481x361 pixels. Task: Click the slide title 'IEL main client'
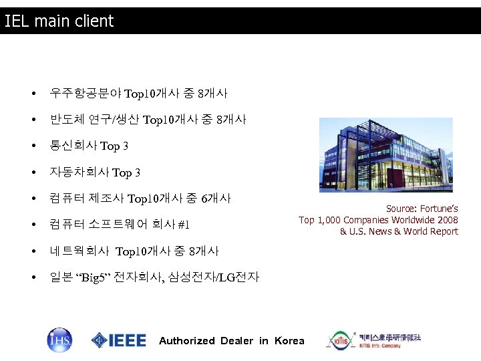[59, 21]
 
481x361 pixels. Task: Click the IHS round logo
[59, 340]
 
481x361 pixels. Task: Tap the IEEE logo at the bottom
[119, 340]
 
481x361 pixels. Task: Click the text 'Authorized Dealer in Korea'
[231, 341]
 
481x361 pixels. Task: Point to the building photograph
[385, 154]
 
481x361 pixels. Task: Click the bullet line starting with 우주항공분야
[138, 93]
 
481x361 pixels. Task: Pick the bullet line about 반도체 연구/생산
[147, 120]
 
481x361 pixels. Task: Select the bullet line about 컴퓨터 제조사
[140, 199]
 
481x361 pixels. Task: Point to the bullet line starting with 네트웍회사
[134, 251]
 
